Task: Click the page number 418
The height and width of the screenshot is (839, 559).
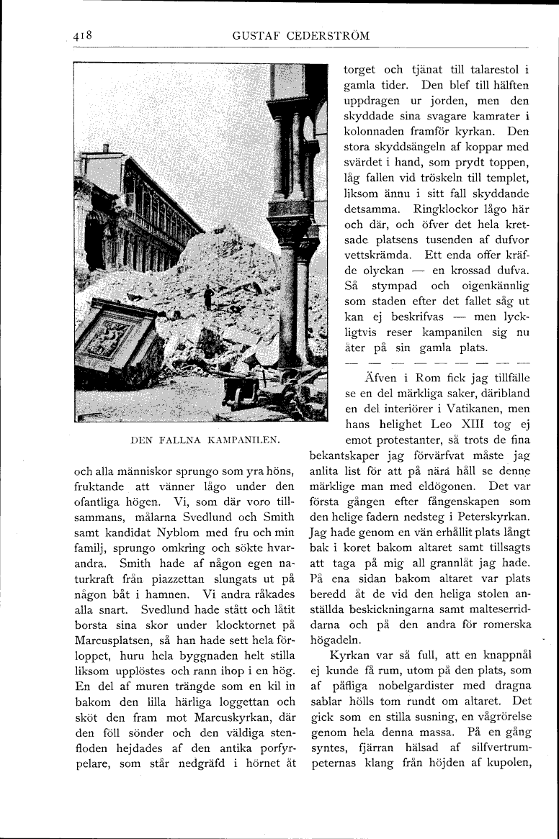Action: tap(85, 35)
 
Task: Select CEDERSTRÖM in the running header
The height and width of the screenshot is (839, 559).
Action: tap(330, 36)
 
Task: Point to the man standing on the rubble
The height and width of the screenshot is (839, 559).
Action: tap(208, 296)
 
